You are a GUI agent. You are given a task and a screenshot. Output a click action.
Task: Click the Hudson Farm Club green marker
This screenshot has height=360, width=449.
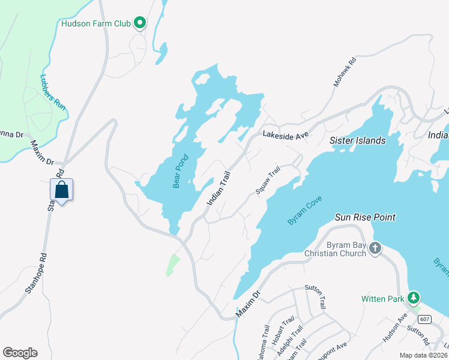tap(140, 23)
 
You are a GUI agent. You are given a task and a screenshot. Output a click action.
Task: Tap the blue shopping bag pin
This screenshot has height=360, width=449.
tap(62, 190)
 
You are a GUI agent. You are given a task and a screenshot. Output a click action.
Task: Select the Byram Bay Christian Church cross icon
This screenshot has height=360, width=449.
tap(375, 247)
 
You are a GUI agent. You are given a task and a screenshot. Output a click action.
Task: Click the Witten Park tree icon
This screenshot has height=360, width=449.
tap(414, 298)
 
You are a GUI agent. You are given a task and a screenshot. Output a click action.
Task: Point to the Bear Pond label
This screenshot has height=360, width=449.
tap(181, 172)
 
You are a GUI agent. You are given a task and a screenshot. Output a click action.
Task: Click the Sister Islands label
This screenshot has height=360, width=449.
tap(358, 140)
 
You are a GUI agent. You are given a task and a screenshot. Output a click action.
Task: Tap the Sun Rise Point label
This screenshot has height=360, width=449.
tap(365, 217)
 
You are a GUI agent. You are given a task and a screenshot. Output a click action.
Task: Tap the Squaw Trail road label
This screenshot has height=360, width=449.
tap(268, 180)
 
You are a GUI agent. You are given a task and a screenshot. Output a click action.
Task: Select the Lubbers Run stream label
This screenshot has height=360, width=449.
tap(53, 91)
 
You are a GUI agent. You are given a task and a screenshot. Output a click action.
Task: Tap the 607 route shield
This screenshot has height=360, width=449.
tap(424, 318)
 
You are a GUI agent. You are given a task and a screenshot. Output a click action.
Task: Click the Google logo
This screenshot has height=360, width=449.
tap(20, 352)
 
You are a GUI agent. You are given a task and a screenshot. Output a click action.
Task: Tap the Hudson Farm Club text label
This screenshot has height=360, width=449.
tap(96, 24)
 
